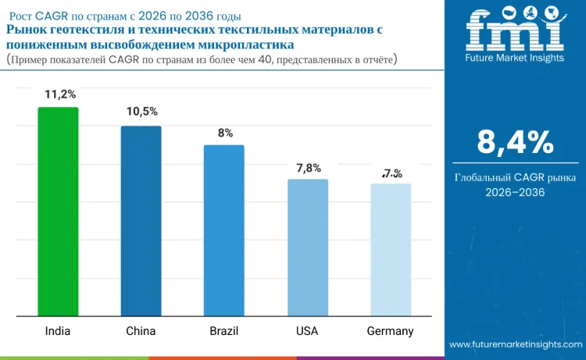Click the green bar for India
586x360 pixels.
pos(59,212)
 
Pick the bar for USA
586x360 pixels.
pos(307,248)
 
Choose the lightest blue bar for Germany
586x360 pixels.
pos(391,250)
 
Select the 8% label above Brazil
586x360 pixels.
pos(225,133)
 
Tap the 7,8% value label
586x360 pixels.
pos(308,167)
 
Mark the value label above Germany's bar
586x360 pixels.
pos(391,173)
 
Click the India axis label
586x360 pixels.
pos(57,330)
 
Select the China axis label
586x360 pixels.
pos(141,330)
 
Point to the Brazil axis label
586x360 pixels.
pos(224,330)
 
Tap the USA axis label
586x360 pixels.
pos(307,330)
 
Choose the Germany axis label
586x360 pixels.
pos(390,330)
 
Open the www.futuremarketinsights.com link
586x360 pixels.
pos(516,344)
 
